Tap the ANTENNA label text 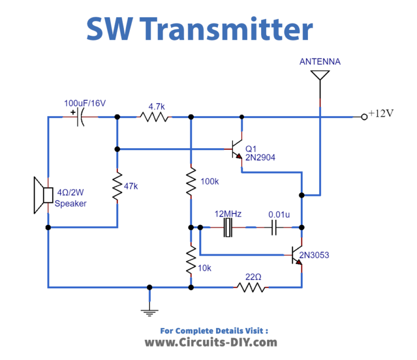pos(320,62)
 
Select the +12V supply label pos(381,114)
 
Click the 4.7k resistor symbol pos(154,117)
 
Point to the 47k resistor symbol pos(117,186)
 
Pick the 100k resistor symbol pos(191,182)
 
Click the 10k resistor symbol pos(191,260)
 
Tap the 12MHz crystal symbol pos(228,228)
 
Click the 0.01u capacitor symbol pos(275,228)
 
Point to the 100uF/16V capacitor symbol pos(80,117)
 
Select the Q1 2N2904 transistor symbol pos(237,148)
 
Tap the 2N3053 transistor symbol pos(296,255)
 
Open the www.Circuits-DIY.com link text pos(211,342)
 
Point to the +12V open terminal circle pos(364,117)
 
